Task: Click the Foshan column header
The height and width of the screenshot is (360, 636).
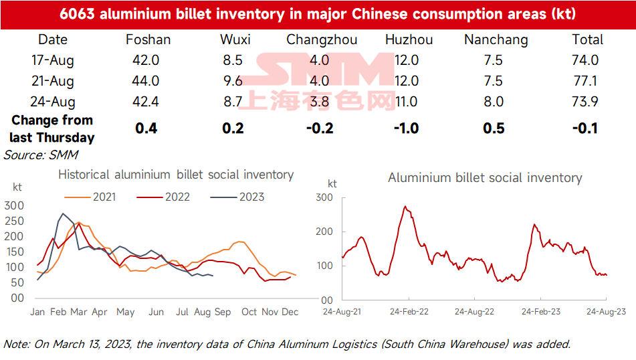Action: pyautogui.click(x=148, y=39)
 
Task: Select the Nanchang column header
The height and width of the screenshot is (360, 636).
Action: pyautogui.click(x=496, y=40)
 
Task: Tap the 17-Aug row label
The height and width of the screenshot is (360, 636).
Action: pyautogui.click(x=53, y=60)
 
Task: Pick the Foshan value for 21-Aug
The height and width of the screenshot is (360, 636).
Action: pyautogui.click(x=146, y=81)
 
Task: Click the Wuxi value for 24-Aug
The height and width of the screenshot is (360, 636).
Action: pyautogui.click(x=233, y=102)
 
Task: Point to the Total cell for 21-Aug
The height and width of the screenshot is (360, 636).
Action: pyautogui.click(x=585, y=81)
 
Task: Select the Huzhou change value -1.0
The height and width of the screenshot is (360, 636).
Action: pyautogui.click(x=407, y=128)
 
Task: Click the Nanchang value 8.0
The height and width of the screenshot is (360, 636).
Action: pyautogui.click(x=494, y=102)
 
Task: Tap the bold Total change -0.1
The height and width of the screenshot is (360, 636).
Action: pyautogui.click(x=585, y=128)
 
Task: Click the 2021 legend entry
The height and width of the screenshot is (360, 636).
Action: pyautogui.click(x=90, y=197)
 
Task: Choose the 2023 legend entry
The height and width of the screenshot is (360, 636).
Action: pyautogui.click(x=237, y=197)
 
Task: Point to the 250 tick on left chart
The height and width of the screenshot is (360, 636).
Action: pyautogui.click(x=14, y=221)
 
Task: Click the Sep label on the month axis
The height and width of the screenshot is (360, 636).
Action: pyautogui.click(x=223, y=312)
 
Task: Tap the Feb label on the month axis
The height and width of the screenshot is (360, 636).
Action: pyautogui.click(x=58, y=312)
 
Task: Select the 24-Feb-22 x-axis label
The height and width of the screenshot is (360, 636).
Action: pyautogui.click(x=409, y=312)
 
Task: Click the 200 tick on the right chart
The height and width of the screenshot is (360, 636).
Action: pyautogui.click(x=324, y=232)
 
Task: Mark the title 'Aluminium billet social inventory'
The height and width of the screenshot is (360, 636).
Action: pyautogui.click(x=485, y=178)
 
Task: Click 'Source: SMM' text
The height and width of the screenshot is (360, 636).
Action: pyautogui.click(x=41, y=155)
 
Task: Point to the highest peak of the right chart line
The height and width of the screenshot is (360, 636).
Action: pyautogui.click(x=405, y=206)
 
